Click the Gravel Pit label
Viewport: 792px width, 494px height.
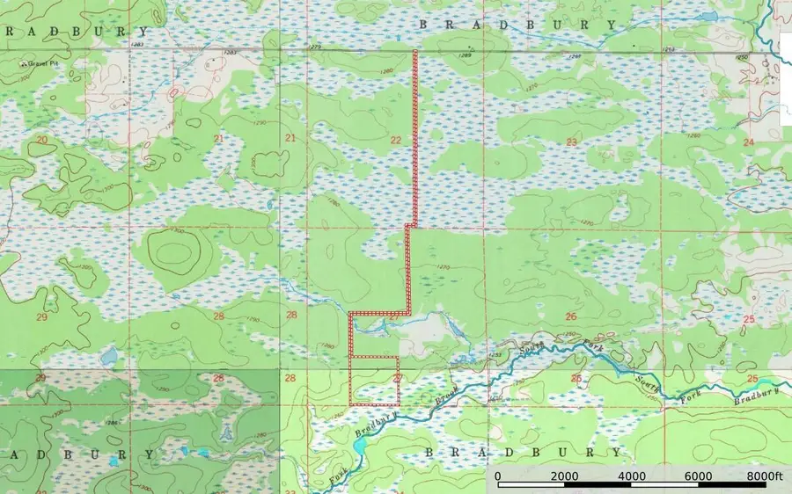[x=40, y=64]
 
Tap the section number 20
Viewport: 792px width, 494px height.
[x=41, y=140]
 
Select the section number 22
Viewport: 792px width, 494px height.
[x=395, y=141]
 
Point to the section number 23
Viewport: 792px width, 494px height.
[x=571, y=142]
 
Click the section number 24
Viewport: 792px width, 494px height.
[x=749, y=142]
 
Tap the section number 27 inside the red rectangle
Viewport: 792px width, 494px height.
[x=397, y=378]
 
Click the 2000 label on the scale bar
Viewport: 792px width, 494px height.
[x=564, y=476]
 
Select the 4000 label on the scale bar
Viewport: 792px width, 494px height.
[x=631, y=476]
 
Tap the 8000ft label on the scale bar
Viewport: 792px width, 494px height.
[x=762, y=476]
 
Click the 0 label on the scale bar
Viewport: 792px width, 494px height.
[x=498, y=476]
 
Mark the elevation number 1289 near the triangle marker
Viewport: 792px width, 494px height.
[x=466, y=56]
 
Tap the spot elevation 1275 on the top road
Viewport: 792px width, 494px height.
[x=315, y=47]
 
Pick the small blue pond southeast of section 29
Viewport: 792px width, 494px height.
[x=109, y=357]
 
